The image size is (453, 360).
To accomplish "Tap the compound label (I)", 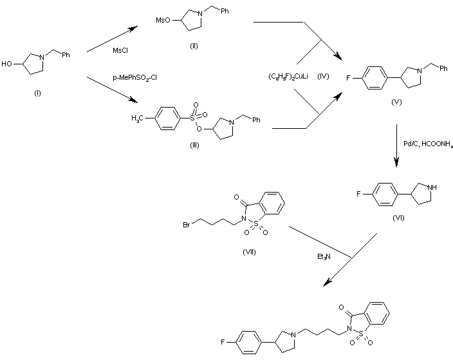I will [37, 93].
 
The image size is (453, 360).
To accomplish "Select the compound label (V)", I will [396, 103].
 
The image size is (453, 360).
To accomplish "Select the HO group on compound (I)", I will [8, 64].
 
